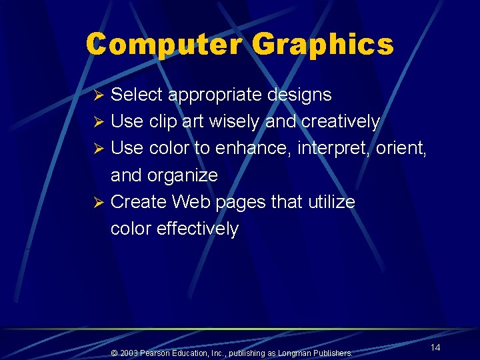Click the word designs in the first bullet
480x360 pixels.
pos(299,95)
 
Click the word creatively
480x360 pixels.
pos(341,122)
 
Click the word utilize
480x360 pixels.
pos(331,201)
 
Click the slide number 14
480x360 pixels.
pos(435,347)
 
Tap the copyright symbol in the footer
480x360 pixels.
pos(114,353)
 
